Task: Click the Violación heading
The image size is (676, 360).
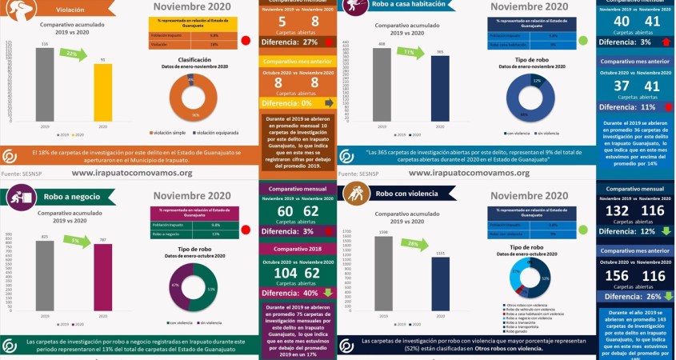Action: point(71,10)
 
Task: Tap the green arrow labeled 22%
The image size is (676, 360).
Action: point(75,54)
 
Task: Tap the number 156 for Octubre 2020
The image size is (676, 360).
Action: point(617,275)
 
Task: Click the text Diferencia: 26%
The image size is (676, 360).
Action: point(628,296)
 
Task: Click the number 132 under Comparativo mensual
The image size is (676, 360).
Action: point(617,210)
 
